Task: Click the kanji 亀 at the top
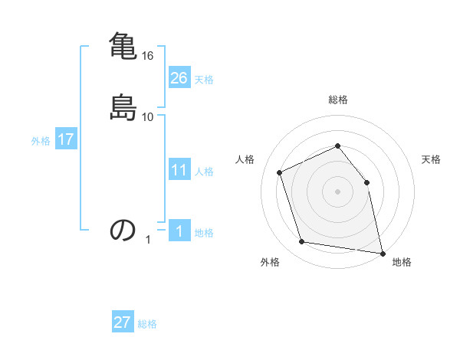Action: (x=122, y=45)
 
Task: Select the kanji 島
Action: (x=122, y=107)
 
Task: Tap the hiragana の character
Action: (x=123, y=229)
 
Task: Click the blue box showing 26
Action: (x=179, y=78)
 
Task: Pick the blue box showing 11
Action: (x=179, y=170)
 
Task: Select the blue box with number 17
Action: (x=66, y=139)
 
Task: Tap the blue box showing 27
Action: (x=123, y=322)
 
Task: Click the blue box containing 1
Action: (x=179, y=231)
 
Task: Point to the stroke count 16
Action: (x=148, y=56)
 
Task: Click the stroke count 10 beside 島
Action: (x=148, y=117)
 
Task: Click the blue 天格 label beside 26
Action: (x=204, y=80)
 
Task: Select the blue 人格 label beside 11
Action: (x=204, y=172)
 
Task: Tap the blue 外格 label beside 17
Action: (x=41, y=141)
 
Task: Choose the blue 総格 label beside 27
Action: (x=147, y=324)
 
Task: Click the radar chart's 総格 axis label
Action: (x=338, y=100)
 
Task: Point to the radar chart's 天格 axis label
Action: (x=431, y=159)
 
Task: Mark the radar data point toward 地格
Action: (x=382, y=252)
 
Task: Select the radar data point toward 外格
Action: (x=302, y=242)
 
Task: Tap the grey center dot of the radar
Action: (x=338, y=191)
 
